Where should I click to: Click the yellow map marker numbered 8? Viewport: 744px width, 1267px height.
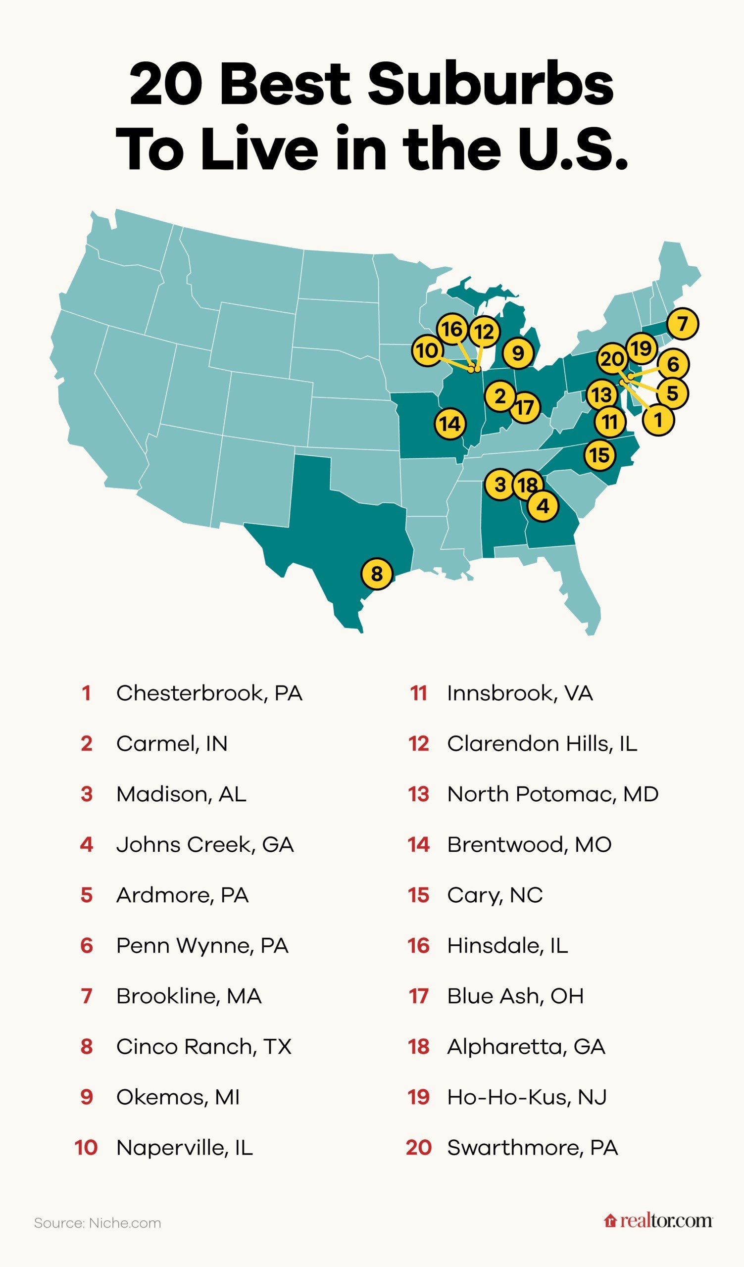pos(377,573)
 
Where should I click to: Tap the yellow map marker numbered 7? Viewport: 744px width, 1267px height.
pos(682,323)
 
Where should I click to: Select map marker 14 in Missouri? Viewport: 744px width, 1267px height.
pos(450,424)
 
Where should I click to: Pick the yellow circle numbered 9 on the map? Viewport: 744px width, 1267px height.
pos(518,353)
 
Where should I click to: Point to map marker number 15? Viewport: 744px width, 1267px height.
pos(599,455)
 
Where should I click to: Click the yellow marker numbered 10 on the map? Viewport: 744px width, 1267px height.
pos(427,350)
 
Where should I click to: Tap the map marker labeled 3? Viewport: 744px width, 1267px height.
pos(499,485)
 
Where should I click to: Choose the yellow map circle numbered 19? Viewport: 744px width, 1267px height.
pos(641,348)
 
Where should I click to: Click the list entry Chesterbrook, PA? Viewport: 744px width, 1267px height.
pos(209,693)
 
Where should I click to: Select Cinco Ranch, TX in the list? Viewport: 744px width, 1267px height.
pos(203,1047)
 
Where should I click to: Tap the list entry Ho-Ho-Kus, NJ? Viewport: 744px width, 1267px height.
pos(527,1097)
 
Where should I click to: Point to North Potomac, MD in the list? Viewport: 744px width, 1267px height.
pos(552,794)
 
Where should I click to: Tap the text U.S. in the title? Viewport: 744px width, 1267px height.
pos(573,149)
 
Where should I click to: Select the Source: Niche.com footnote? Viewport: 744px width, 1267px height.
pos(98,1223)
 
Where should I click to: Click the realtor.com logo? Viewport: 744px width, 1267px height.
pos(658,1221)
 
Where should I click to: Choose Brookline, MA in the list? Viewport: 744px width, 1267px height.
pos(189,996)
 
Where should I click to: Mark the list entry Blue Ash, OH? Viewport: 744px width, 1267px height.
pos(515,996)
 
